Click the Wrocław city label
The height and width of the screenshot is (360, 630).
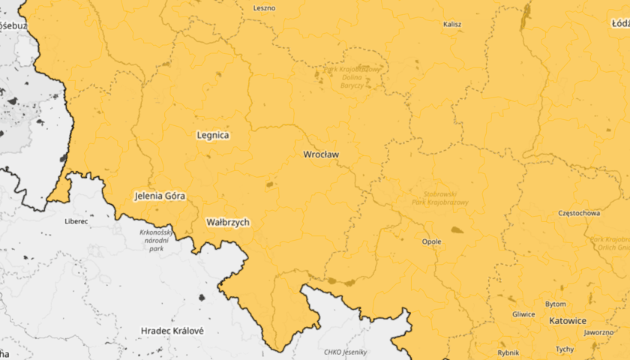tap(321, 154)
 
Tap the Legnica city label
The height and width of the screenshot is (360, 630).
tap(212, 136)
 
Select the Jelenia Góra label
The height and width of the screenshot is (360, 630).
tap(159, 196)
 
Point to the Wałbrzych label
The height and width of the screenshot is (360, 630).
tap(227, 222)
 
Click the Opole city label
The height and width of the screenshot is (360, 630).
tap(431, 241)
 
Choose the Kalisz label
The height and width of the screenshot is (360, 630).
tap(452, 24)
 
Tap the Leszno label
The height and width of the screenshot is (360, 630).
tap(264, 8)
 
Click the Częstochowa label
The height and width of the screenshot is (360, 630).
tap(579, 213)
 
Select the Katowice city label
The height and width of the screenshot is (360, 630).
tap(567, 320)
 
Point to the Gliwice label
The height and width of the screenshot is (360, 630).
tap(523, 314)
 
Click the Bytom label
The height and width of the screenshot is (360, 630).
tap(555, 304)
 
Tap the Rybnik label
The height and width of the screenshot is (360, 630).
tap(508, 352)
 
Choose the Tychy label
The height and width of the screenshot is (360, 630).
tap(565, 349)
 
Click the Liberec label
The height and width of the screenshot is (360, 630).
tap(76, 221)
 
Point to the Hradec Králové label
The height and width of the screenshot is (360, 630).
tap(172, 330)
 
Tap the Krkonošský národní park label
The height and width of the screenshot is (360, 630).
tap(157, 240)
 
